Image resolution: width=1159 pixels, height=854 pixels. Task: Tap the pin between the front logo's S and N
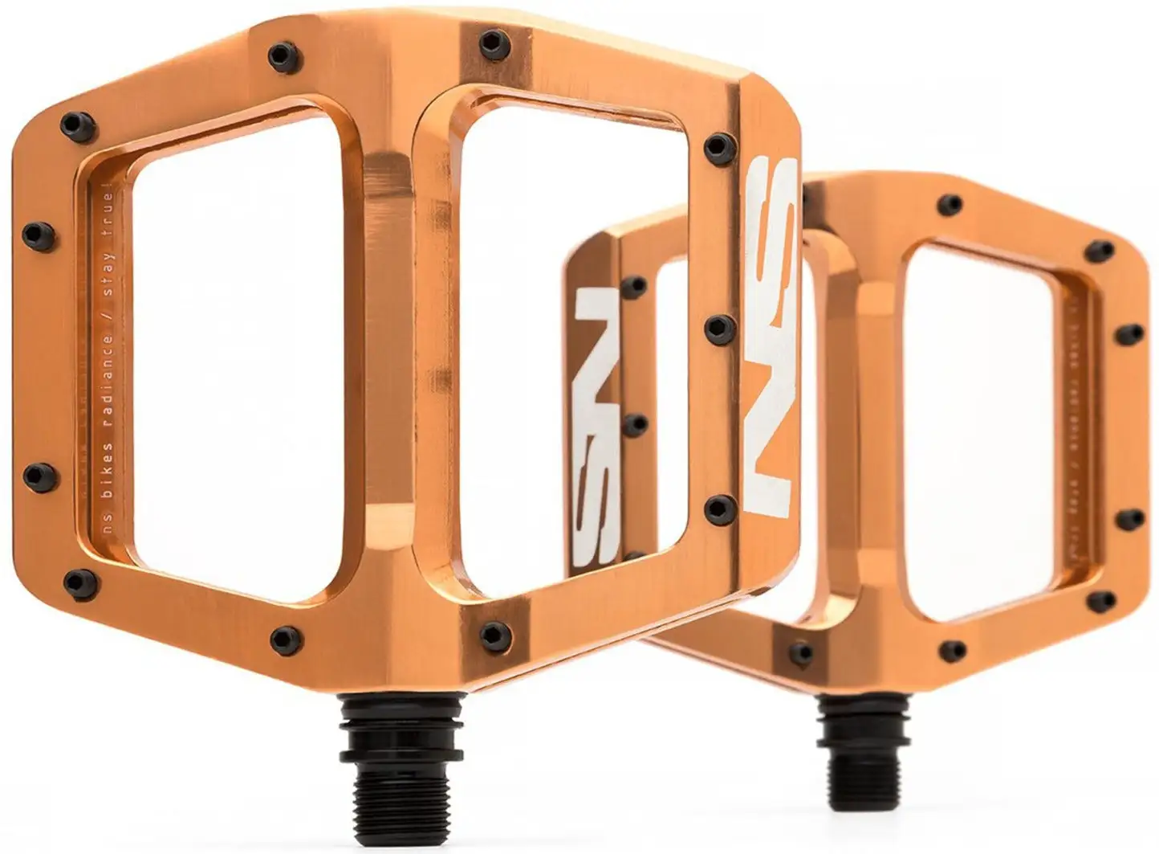point(718,327)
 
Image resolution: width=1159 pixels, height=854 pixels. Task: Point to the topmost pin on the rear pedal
point(952,203)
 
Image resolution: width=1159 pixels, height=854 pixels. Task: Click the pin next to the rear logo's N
point(633,286)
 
